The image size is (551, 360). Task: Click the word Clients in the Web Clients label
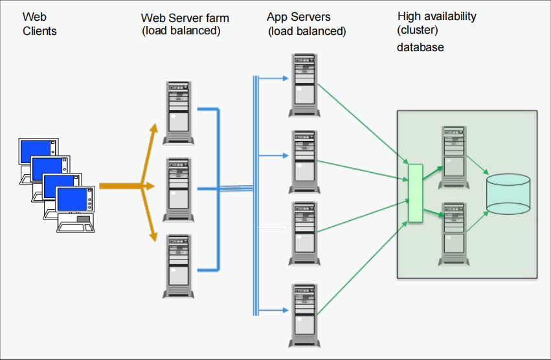40,31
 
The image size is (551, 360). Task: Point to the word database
420,47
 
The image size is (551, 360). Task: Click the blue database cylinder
508,194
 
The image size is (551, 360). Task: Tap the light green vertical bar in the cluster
415,194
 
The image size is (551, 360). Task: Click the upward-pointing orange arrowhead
155,128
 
